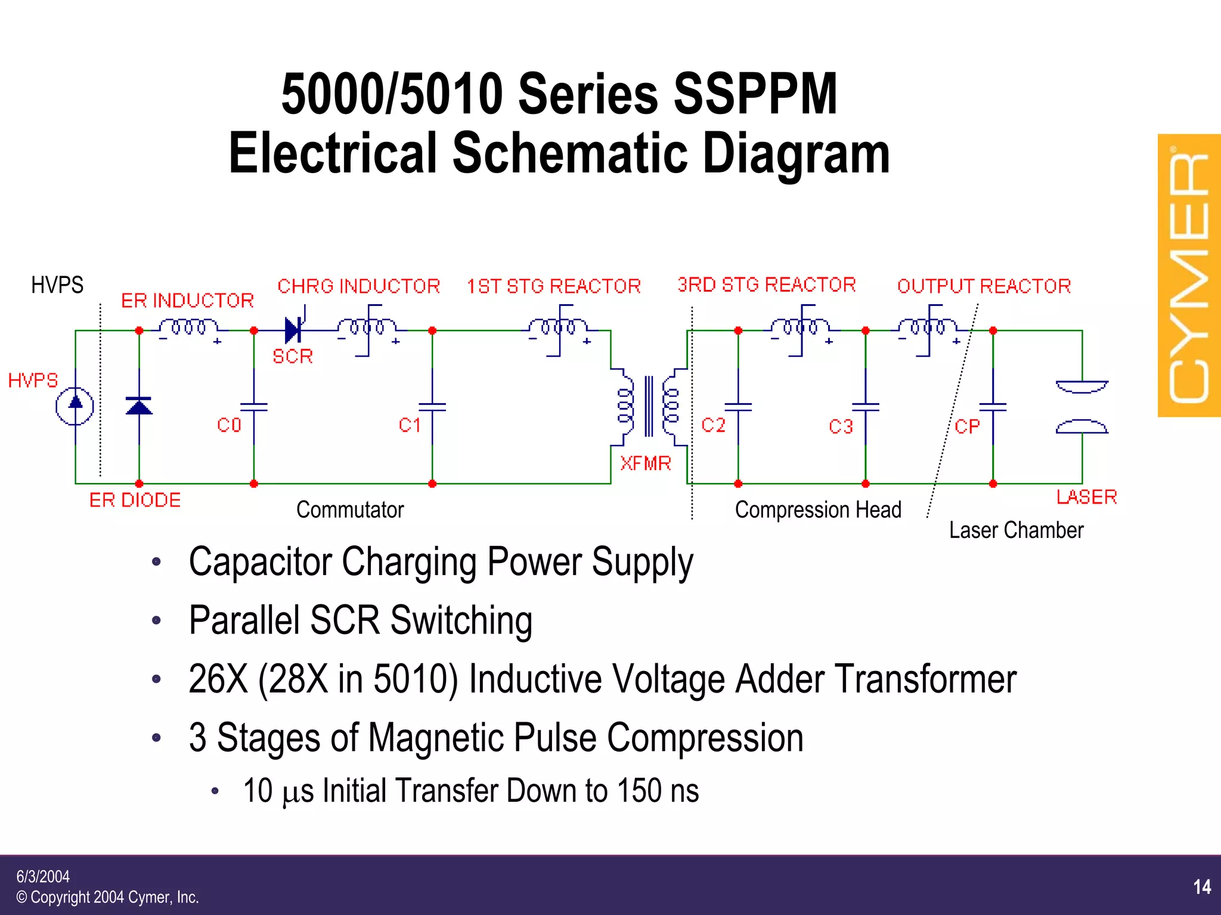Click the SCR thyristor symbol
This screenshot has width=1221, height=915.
293,330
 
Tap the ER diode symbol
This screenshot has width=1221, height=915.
139,406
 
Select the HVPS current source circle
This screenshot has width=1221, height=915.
75,406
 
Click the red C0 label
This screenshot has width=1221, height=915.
229,425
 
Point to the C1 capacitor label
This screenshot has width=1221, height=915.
410,425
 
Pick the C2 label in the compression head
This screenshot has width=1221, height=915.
713,425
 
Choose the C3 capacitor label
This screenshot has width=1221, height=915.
841,426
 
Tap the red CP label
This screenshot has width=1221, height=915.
966,426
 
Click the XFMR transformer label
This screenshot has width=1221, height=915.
645,463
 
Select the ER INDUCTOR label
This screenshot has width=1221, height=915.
187,301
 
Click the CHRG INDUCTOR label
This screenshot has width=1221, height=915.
358,286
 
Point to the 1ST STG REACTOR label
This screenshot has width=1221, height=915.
553,286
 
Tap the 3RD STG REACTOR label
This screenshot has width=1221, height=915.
766,285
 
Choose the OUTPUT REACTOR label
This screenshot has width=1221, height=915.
984,286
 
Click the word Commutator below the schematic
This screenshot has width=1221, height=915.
350,510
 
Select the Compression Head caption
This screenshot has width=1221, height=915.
818,510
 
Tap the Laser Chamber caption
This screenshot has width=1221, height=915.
1016,530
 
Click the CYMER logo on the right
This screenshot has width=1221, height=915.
1189,276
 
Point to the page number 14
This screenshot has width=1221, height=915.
1202,887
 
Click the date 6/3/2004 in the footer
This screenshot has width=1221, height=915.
43,876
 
